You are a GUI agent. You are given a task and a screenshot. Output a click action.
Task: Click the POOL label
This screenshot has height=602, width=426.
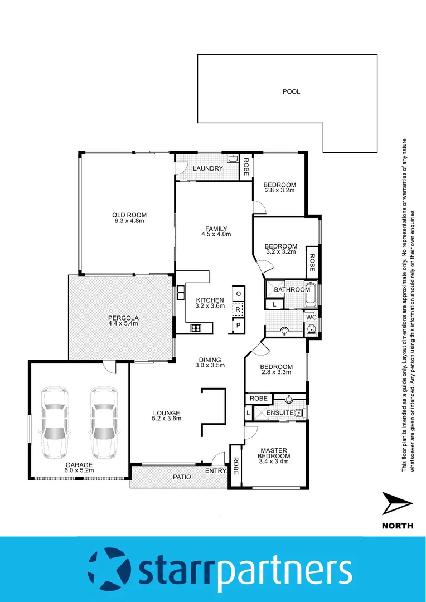coord(291,91)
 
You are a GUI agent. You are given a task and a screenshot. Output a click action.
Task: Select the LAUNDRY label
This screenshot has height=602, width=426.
coord(208,168)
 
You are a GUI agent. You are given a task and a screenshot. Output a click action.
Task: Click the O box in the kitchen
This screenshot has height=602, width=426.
coord(238,294)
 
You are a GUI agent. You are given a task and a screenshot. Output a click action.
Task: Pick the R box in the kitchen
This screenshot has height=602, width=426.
coord(238,309)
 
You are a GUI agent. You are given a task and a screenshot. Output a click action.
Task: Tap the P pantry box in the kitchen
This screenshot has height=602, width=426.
coord(238,325)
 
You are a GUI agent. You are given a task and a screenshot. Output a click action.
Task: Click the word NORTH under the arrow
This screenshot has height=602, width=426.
coord(398,525)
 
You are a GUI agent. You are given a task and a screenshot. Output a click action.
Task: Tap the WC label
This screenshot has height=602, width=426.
coord(311,317)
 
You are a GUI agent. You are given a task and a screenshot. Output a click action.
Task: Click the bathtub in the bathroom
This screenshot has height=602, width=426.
coord(311,295)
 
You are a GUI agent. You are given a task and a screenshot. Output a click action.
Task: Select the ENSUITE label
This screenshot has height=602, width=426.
coord(279,412)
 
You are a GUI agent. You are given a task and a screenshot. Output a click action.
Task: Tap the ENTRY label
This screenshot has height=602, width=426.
coord(216,471)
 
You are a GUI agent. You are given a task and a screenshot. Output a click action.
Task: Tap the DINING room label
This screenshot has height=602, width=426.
coord(210,360)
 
